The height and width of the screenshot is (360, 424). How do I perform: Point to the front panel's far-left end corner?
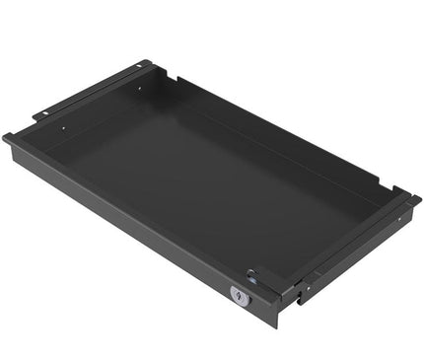point(7,139)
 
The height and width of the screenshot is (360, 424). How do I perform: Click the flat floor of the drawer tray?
point(197,187)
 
